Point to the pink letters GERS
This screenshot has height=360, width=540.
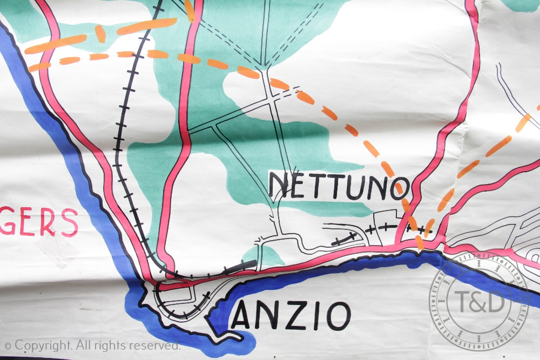[38, 222]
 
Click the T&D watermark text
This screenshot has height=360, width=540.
[479, 301]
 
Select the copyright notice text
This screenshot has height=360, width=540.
[92, 345]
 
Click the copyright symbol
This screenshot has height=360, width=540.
[8, 345]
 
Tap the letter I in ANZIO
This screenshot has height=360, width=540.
[318, 316]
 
